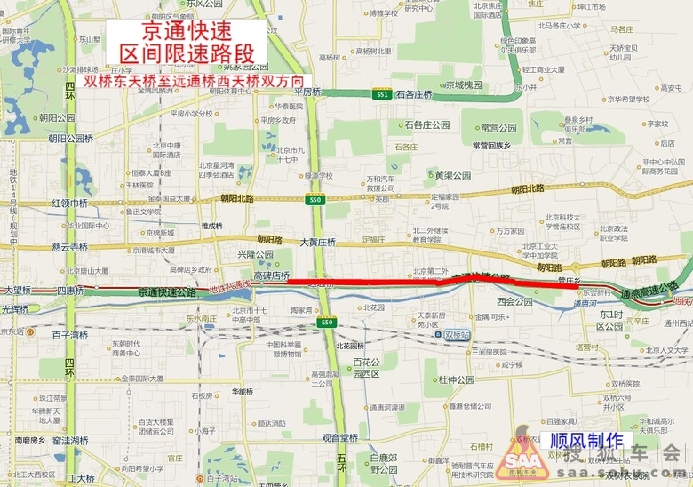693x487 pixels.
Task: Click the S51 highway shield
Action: point(382,94)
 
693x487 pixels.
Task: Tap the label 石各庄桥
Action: point(414,94)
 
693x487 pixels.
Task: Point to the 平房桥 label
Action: point(307,92)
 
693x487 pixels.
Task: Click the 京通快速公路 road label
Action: point(167,291)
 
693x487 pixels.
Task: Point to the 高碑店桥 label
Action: point(272,275)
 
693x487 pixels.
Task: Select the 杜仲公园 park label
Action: point(456,379)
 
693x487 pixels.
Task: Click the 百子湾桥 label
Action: point(69,335)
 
